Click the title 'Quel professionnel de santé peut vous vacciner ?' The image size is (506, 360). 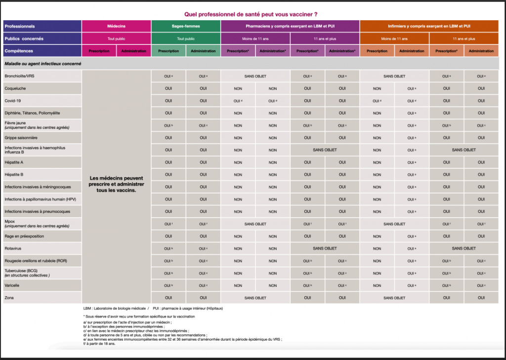click(251, 14)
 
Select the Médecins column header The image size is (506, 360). click(117, 26)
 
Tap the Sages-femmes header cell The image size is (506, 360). click(186, 26)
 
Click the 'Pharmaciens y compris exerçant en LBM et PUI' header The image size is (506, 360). click(290, 26)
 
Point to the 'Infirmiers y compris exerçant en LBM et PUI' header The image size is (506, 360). click(429, 26)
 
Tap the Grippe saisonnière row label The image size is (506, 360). click(21, 137)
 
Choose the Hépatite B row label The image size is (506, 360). click(14, 174)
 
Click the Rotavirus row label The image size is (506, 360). click(13, 248)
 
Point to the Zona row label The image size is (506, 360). click(9, 298)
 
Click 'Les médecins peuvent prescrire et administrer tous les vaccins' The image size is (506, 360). click(116, 184)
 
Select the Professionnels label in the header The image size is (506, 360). click(20, 26)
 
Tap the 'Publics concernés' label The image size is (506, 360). click(24, 39)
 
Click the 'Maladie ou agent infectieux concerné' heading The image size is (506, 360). click(43, 64)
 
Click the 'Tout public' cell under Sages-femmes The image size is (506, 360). click(186, 39)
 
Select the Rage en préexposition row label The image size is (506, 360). click(24, 236)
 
